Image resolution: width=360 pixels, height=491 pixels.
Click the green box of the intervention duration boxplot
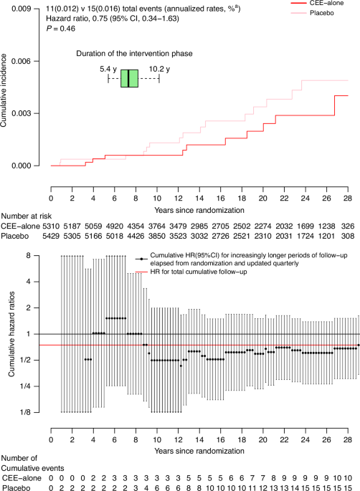(129, 78)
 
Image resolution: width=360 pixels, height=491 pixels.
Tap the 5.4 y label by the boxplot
(108, 69)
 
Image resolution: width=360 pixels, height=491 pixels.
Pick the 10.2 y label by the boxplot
(159, 69)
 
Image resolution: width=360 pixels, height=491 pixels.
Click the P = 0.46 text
(60, 29)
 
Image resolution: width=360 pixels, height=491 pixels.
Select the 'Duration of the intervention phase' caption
(134, 54)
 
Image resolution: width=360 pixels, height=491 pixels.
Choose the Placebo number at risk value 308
(348, 236)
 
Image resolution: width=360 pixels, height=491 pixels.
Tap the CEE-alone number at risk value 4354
(136, 226)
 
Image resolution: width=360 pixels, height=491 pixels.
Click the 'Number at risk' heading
(27, 216)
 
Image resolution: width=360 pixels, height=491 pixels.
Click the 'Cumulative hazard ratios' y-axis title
(11, 334)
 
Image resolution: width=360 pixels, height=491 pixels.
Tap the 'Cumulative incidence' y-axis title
(4, 90)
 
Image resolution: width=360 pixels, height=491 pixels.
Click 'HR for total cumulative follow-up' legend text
(199, 272)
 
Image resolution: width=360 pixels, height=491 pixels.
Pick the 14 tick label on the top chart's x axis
(199, 199)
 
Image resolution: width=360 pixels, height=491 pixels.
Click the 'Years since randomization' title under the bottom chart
(199, 451)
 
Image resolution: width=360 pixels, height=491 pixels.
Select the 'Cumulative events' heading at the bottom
(32, 468)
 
